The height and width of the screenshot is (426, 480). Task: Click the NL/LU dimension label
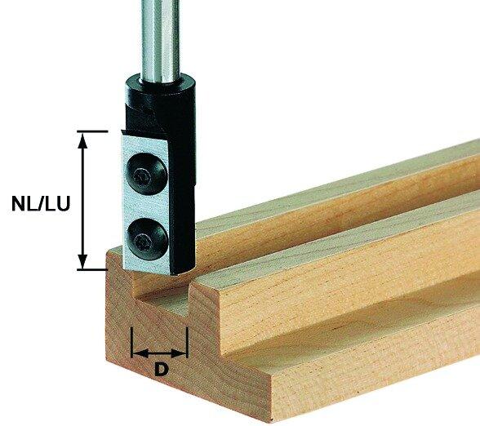point(38,203)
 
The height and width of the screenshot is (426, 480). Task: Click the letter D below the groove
point(161,370)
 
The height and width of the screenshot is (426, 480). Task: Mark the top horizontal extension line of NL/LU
point(94,131)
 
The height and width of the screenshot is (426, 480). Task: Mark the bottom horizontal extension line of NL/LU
point(94,268)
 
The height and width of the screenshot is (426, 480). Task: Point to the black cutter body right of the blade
point(184,196)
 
